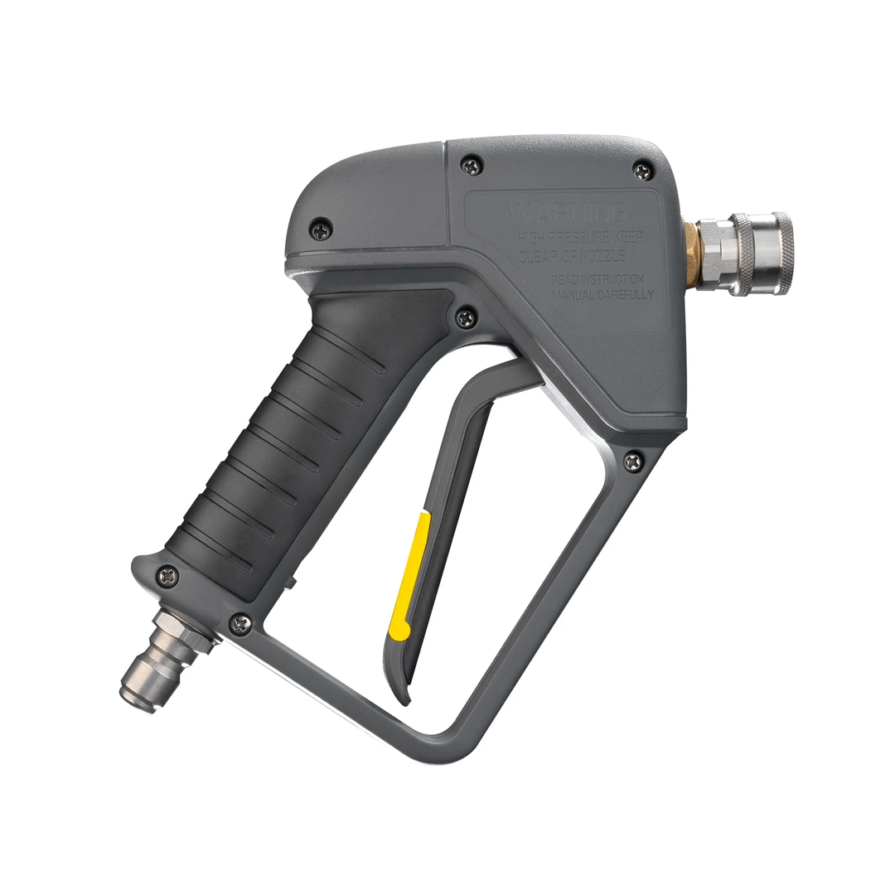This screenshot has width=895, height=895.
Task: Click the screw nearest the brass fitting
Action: point(642,172)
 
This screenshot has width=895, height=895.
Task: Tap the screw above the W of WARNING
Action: point(472,167)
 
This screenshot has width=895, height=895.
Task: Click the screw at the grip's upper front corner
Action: point(467,317)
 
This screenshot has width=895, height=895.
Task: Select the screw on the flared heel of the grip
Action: point(168,574)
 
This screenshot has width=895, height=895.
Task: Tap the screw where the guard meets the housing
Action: point(633,462)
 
